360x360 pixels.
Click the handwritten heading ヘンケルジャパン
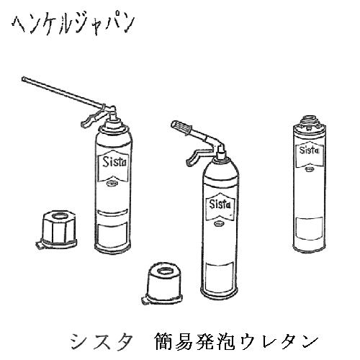click(x=73, y=25)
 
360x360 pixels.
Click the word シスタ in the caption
click(x=102, y=341)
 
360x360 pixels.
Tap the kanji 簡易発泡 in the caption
click(x=195, y=341)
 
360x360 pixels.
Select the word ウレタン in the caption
click(x=279, y=341)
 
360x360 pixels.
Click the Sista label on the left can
click(x=114, y=163)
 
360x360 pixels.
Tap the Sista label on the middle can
click(x=220, y=204)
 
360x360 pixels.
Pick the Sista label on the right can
click(x=309, y=150)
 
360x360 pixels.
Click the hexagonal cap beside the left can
click(x=58, y=230)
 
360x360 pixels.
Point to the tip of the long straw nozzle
click(x=23, y=78)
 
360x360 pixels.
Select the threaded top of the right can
click(x=310, y=120)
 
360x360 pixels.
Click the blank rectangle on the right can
click(x=309, y=228)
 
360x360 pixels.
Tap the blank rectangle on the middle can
click(x=220, y=276)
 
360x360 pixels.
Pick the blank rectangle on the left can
click(x=113, y=234)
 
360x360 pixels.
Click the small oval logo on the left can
click(x=112, y=184)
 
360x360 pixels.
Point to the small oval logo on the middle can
click(x=218, y=224)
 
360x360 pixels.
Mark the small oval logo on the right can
click(x=309, y=169)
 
